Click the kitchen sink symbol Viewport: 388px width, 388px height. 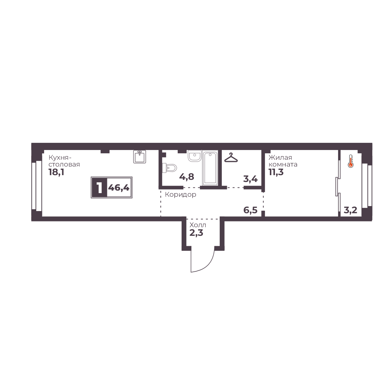click(x=140, y=156)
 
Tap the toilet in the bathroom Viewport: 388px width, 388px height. click(x=169, y=168)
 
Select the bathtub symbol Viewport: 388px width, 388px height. click(x=210, y=168)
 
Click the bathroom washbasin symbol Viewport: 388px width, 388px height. click(x=195, y=156)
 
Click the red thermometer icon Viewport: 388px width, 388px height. click(x=350, y=161)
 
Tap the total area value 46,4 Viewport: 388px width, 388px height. click(x=119, y=188)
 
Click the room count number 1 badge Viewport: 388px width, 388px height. click(x=99, y=188)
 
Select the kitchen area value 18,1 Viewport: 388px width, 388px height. click(x=56, y=172)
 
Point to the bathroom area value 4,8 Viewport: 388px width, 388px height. click(x=187, y=177)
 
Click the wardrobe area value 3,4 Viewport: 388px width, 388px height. click(x=251, y=179)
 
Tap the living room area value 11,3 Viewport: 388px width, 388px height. click(x=276, y=172)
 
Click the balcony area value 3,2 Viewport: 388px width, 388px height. click(x=350, y=210)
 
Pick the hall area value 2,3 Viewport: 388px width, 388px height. click(x=196, y=233)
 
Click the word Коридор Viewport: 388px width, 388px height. click(x=181, y=195)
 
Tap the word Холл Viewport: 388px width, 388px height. click(x=198, y=225)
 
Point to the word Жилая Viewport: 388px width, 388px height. click(x=280, y=158)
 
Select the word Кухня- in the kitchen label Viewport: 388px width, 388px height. click(x=60, y=158)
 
